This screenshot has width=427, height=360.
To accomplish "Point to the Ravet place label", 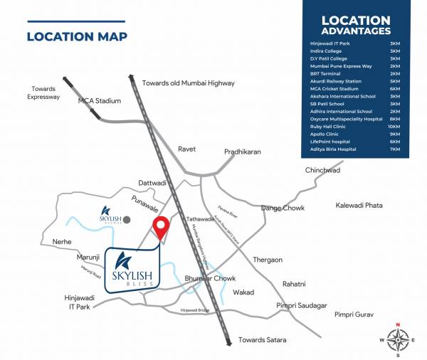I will coord(186,149).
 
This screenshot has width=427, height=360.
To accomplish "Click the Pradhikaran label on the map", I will coord(243,152).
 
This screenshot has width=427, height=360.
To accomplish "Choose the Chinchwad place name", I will coord(323,171).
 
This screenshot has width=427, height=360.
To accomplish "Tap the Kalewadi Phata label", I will coord(359,205).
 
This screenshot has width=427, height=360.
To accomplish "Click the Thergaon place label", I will coord(268,260).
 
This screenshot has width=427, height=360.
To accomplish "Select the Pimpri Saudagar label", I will coord(300,305).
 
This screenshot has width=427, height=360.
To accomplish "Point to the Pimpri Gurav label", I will coord(354,314).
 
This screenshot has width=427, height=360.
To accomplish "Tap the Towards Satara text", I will coord(263,339).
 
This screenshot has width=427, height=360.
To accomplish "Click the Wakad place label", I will coord(243,292).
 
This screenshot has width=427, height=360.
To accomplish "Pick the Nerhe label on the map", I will coord(63,242).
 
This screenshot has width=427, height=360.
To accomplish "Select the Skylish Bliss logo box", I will coord(133,269).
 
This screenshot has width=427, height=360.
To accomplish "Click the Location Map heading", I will coord(77,36).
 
